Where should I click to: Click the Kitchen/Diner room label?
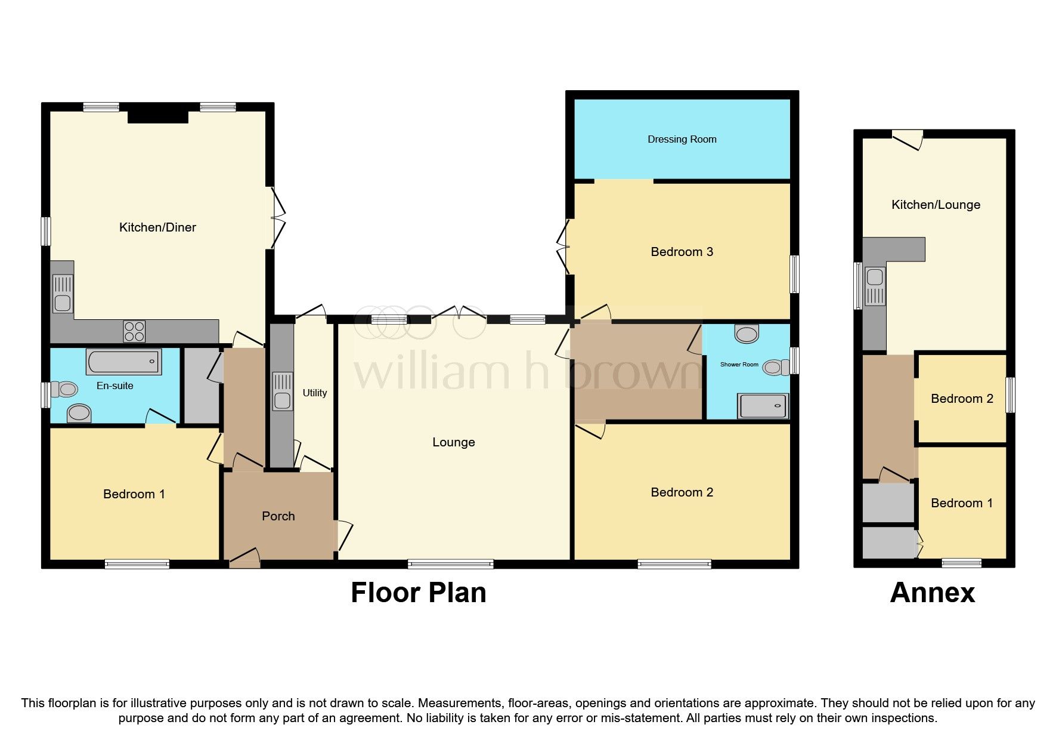pos(157,227)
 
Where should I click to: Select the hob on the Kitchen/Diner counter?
pos(134,331)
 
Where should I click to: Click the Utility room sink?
pos(283,391)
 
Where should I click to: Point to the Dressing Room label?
pos(682,139)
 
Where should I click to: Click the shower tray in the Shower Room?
pos(763,406)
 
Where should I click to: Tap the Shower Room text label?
pos(739,364)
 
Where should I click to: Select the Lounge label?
pos(453,442)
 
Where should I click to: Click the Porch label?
pos(278,516)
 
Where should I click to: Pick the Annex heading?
pos(932,593)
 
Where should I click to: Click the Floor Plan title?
pos(418,593)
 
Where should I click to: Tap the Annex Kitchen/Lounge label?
pos(935,205)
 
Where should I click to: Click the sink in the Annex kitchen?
pos(875,286)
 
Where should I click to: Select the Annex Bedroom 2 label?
pos(961,399)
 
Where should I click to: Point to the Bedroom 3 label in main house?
pos(682,252)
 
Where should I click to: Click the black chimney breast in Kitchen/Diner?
pos(158,114)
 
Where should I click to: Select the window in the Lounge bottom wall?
pos(451,563)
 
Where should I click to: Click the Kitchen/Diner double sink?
pos(62,294)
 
